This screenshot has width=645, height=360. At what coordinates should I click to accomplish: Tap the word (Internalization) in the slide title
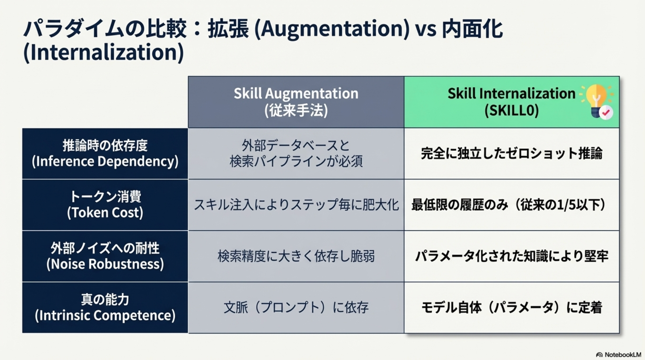tap(104, 52)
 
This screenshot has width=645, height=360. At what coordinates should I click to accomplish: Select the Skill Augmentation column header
tap(296, 102)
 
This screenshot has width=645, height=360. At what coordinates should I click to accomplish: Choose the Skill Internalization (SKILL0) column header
tap(511, 102)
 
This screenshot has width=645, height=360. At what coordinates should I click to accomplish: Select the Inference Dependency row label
tap(105, 153)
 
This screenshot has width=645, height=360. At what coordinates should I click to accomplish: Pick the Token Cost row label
tap(105, 205)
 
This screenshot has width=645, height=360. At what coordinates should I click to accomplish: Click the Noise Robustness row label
tap(105, 256)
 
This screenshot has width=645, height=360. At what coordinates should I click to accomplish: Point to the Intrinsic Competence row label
tap(105, 307)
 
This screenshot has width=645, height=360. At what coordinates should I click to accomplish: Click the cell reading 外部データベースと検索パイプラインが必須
tap(296, 153)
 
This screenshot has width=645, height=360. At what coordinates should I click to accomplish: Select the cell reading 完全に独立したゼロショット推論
tap(511, 153)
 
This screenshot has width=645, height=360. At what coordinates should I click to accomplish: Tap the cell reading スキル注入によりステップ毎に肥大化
tap(296, 205)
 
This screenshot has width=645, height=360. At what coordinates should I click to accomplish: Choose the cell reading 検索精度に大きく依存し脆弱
tap(296, 256)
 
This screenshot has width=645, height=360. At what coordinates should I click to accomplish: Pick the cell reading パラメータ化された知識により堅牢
tap(511, 256)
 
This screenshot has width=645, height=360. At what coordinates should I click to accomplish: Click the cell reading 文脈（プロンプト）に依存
tap(296, 307)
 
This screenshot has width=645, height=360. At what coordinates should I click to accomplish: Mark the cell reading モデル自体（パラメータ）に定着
tap(511, 307)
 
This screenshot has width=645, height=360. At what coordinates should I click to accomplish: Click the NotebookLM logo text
tap(623, 355)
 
